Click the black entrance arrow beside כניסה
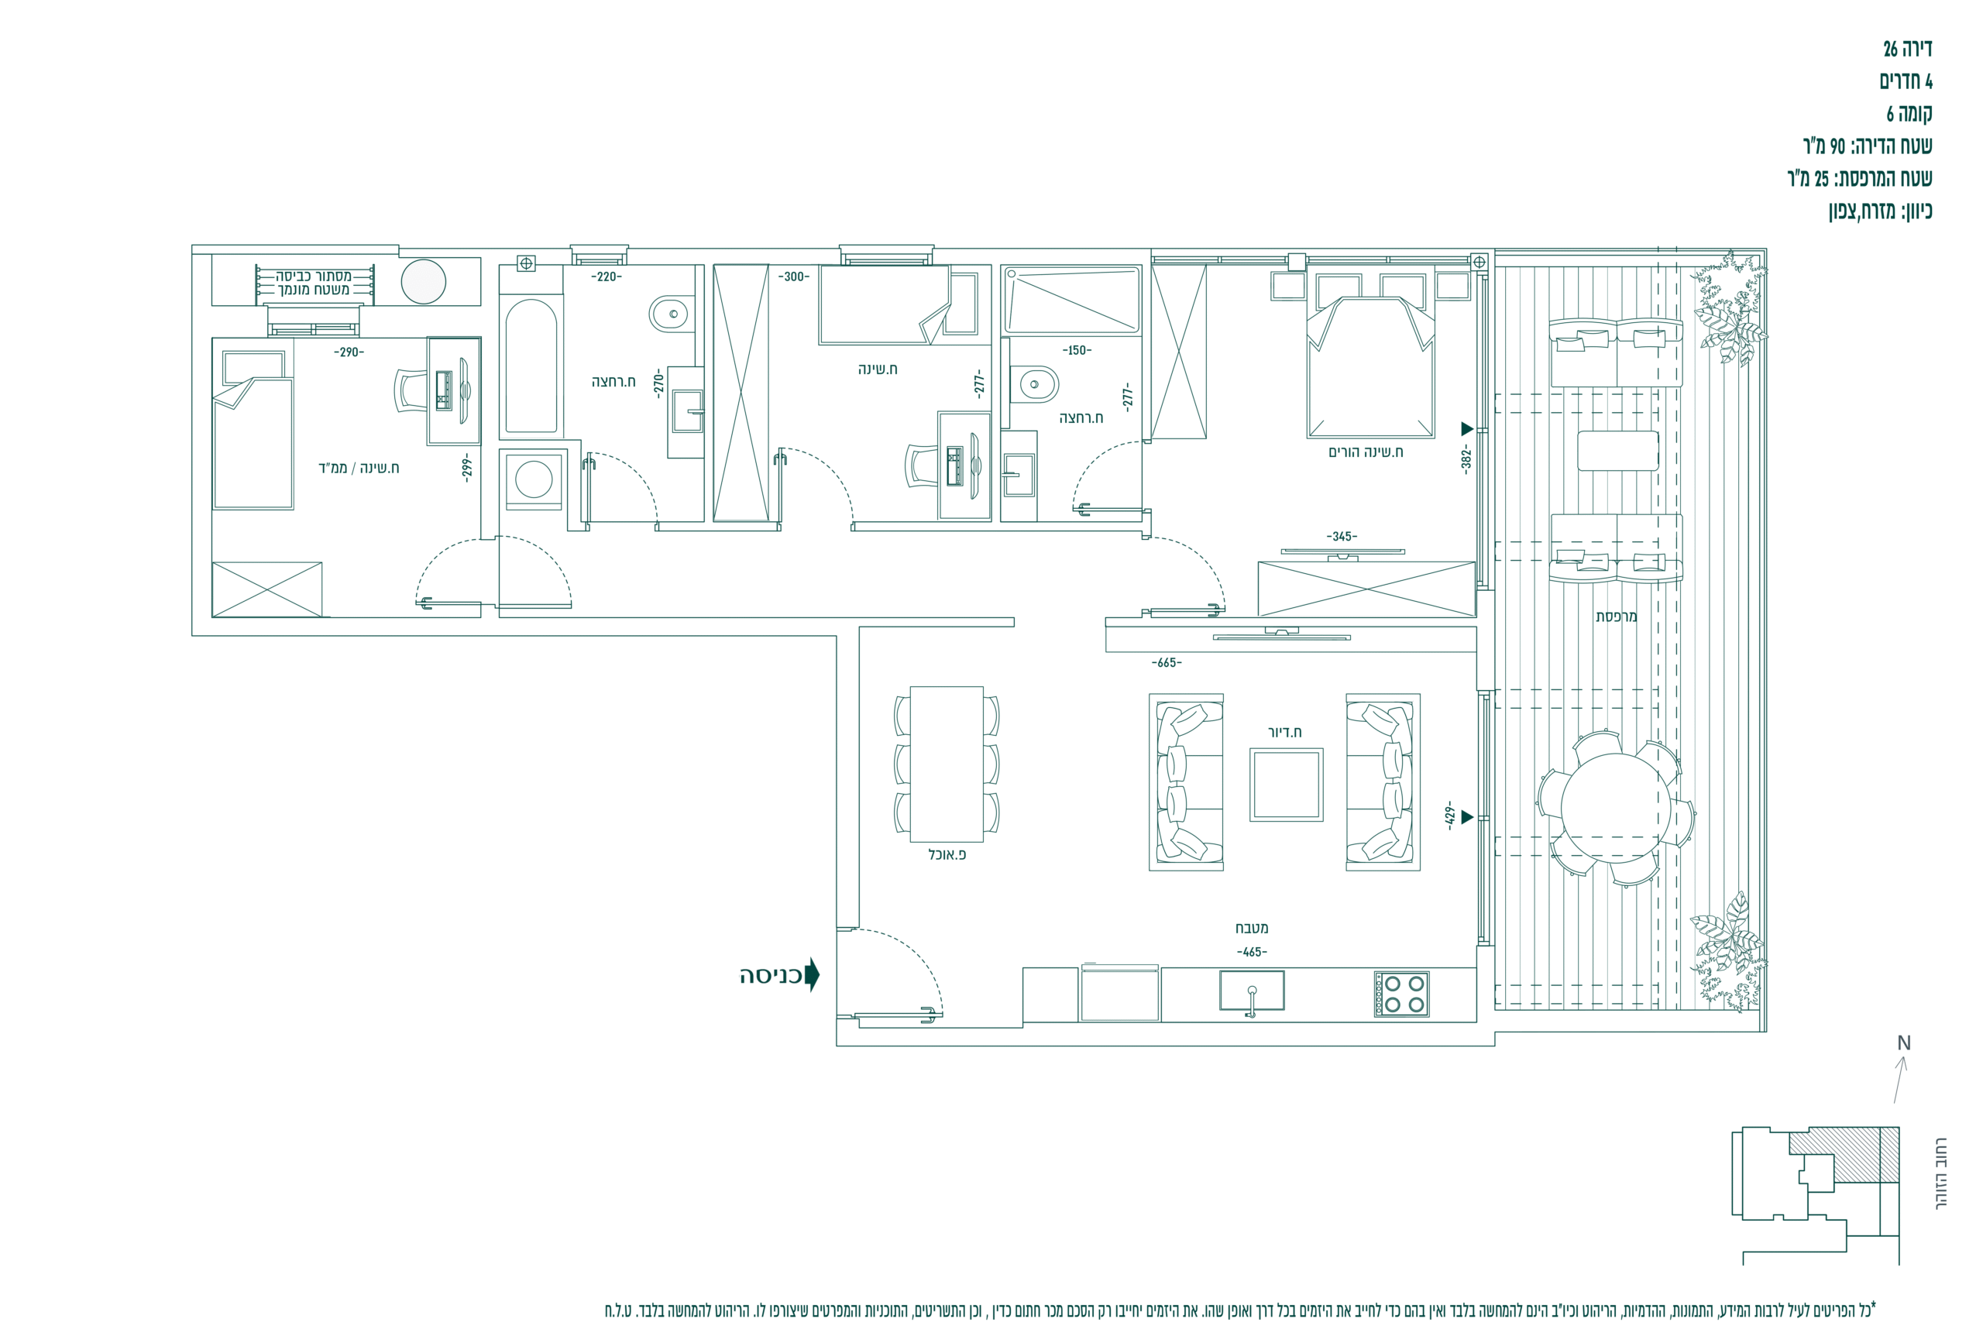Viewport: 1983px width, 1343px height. [x=813, y=974]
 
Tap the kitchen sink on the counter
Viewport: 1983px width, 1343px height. [x=1251, y=991]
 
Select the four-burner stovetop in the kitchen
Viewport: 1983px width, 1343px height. [x=1401, y=994]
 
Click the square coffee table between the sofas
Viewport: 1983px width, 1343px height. [x=1286, y=785]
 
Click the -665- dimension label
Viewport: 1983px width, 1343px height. [x=1167, y=662]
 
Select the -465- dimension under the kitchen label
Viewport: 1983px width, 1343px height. [x=1252, y=952]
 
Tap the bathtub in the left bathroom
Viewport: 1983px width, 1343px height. [x=531, y=367]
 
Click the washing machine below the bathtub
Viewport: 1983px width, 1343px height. [x=533, y=479]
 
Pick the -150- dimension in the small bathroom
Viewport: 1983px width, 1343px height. [x=1077, y=350]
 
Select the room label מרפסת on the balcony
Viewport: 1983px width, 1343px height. [x=1616, y=616]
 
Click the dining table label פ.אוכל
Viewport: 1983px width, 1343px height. [x=947, y=854]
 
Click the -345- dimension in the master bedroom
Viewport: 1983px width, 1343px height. [x=1342, y=536]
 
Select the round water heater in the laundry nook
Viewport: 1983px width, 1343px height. [x=423, y=280]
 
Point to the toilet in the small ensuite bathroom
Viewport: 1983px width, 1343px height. [x=1033, y=384]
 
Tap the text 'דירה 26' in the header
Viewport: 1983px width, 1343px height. [x=1907, y=49]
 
